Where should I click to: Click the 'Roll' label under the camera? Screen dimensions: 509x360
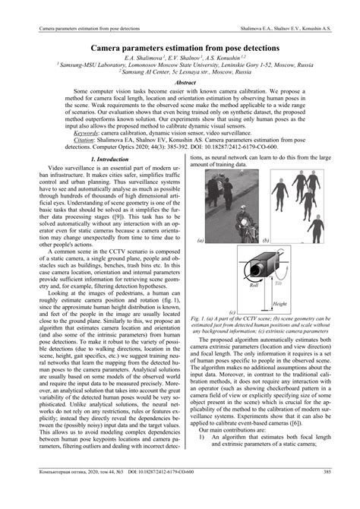(x=254, y=307)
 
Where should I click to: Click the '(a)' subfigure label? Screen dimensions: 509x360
(x=201, y=240)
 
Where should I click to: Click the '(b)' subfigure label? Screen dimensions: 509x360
(x=267, y=240)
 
